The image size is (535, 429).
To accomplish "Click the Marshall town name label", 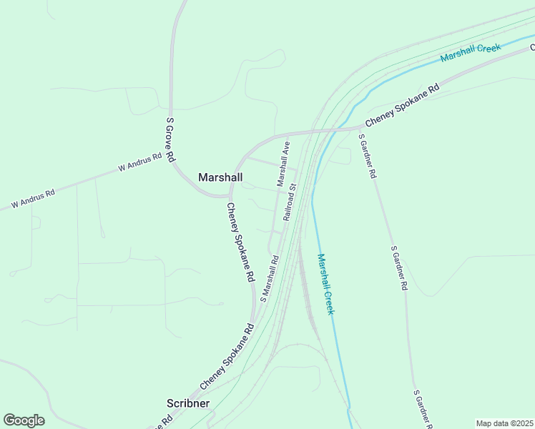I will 220,177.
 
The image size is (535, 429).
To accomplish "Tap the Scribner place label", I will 188,403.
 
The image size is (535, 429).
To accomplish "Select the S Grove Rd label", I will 170,140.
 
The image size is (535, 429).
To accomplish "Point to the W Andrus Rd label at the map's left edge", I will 33,199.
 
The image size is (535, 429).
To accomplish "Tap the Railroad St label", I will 288,205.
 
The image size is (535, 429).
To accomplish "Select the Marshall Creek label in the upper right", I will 471,52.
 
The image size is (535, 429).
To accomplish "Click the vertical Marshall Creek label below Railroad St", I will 326,284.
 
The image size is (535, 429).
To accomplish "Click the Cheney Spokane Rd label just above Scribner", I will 227,357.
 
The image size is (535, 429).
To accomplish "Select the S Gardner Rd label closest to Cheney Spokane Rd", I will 368,156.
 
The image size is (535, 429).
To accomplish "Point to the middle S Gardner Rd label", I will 398,268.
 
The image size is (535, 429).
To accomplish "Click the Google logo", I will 24,420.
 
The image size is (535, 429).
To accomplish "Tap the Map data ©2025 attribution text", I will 505,423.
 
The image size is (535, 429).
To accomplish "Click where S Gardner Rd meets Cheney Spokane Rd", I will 358,129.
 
